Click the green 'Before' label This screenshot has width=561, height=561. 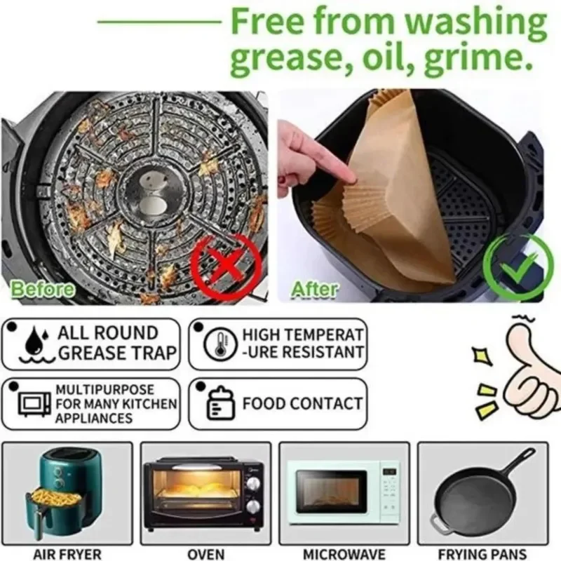pyautogui.click(x=43, y=288)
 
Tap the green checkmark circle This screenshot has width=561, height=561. pyautogui.click(x=518, y=266)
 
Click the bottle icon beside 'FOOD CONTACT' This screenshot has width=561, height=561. pyautogui.click(x=215, y=404)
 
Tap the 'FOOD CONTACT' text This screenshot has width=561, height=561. pyautogui.click(x=302, y=404)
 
